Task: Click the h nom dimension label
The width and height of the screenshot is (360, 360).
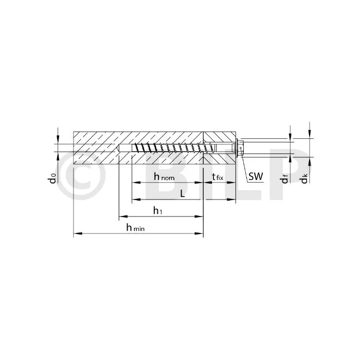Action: (164, 177)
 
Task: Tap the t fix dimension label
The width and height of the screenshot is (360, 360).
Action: (218, 177)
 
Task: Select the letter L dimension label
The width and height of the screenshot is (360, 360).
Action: (183, 194)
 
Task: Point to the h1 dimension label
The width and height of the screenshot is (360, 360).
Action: (158, 210)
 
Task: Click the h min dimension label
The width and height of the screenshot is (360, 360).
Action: (135, 228)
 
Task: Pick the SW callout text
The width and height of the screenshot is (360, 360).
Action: (256, 176)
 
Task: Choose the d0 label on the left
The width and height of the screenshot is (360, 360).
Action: (52, 178)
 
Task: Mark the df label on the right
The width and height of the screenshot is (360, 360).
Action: (285, 179)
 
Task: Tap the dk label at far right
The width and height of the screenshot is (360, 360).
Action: (304, 178)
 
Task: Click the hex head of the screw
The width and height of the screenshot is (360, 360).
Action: (240, 148)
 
